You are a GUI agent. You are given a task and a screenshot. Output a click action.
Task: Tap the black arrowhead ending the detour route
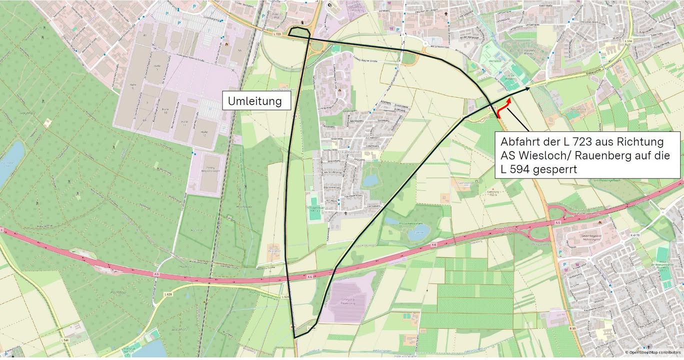pyautogui.click(x=527, y=89)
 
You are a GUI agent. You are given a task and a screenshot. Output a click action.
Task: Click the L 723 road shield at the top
pyautogui.click(x=278, y=33)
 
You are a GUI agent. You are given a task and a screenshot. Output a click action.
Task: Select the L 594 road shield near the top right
pyautogui.click(x=628, y=40)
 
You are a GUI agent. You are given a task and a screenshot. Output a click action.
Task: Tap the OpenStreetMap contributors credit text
pyautogui.click(x=652, y=352)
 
